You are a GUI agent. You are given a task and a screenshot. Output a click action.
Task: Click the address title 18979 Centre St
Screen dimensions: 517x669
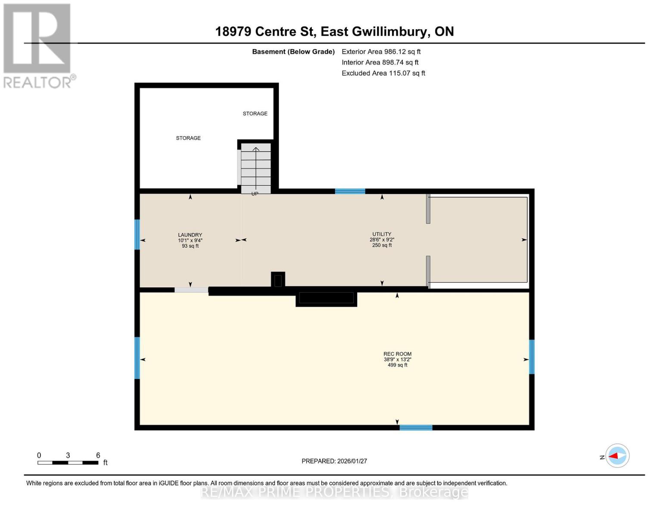coord(334,31)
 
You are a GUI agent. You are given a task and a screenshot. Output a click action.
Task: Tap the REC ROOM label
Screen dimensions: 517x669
coord(397,354)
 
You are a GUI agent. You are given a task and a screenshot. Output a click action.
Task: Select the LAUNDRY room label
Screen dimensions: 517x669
coord(190,235)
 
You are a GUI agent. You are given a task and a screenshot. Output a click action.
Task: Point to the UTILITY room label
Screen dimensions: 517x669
coord(382,234)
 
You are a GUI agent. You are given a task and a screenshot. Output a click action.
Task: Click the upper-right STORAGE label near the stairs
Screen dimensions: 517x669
coord(255,114)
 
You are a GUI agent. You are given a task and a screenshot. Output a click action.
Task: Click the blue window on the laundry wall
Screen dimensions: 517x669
coord(137,234)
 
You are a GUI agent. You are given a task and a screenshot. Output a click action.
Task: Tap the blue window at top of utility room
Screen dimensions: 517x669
coord(350,191)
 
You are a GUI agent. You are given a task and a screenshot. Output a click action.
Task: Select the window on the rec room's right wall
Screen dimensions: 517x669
coord(532,357)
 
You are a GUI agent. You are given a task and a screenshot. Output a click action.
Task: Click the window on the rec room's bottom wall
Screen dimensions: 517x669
coord(416,427)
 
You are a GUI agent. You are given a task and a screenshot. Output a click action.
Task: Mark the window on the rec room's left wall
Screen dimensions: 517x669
coord(137,358)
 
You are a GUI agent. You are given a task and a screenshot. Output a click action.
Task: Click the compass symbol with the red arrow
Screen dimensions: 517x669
coord(617,456)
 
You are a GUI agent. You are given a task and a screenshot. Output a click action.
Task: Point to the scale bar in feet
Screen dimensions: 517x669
coord(68,462)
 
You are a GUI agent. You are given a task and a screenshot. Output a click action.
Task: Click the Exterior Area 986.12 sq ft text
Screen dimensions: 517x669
coord(381,52)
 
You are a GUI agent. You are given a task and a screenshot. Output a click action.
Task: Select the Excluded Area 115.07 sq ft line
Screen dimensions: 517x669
coord(383,73)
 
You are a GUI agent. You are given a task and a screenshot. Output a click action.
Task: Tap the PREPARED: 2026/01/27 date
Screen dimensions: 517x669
coord(334,461)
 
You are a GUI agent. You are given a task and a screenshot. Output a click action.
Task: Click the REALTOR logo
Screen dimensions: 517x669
coord(38,45)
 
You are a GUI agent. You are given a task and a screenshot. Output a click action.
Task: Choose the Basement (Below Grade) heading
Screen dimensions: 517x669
coord(293,52)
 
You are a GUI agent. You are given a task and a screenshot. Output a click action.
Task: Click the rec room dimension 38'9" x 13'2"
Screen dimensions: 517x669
coord(397,359)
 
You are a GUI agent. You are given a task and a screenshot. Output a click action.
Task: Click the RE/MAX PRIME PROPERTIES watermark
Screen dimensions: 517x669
coord(334,492)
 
